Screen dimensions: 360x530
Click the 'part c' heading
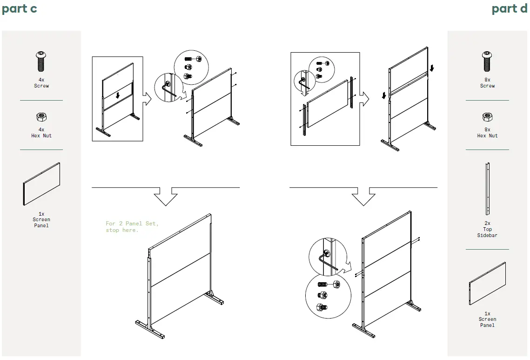(x=20, y=9)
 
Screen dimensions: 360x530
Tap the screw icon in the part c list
(x=41, y=61)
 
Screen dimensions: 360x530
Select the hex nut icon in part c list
(x=41, y=116)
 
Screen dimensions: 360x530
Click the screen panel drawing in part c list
(x=41, y=184)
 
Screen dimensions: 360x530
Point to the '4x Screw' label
(x=41, y=83)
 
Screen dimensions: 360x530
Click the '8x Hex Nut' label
(x=487, y=133)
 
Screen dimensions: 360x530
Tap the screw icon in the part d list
(x=487, y=61)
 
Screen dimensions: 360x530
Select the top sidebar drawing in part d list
(x=487, y=189)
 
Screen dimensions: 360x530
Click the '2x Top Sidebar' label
(x=487, y=229)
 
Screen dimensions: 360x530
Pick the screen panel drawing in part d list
(x=487, y=283)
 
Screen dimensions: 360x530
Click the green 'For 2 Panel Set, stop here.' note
(x=132, y=227)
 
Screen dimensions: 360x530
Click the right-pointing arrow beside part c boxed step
(x=147, y=98)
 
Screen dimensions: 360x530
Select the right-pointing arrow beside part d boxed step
(x=364, y=98)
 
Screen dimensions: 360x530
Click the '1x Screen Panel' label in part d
(x=487, y=319)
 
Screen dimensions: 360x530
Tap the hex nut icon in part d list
(x=487, y=116)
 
